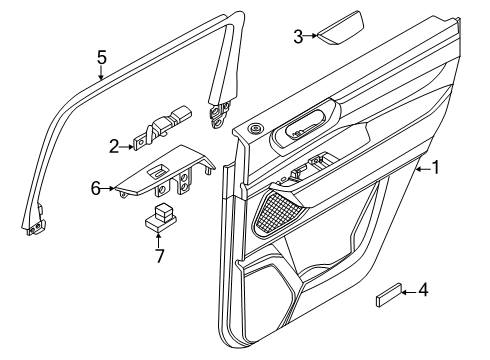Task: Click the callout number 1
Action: pos(436,167)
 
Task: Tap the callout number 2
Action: pos(114,146)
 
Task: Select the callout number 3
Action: pos(298,36)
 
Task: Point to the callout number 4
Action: pos(423,290)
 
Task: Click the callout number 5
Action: pos(102,57)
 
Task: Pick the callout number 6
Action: pos(96,189)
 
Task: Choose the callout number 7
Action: pos(160,256)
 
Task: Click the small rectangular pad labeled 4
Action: pos(388,295)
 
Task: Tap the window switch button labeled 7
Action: pos(161,217)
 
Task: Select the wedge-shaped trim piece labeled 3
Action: pos(340,28)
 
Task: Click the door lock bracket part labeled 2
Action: pos(162,128)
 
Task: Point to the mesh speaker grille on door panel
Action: pos(277,213)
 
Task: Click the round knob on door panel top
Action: pos(256,128)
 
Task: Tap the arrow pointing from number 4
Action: pos(409,292)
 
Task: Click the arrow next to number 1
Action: pos(423,169)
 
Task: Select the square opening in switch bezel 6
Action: pos(157,171)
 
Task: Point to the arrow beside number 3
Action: pos(311,35)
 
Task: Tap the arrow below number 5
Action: pos(101,73)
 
